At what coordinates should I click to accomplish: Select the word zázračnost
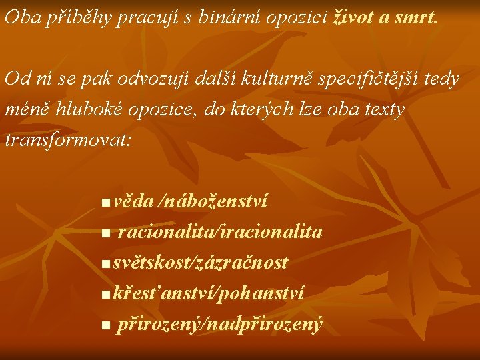click(x=241, y=263)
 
